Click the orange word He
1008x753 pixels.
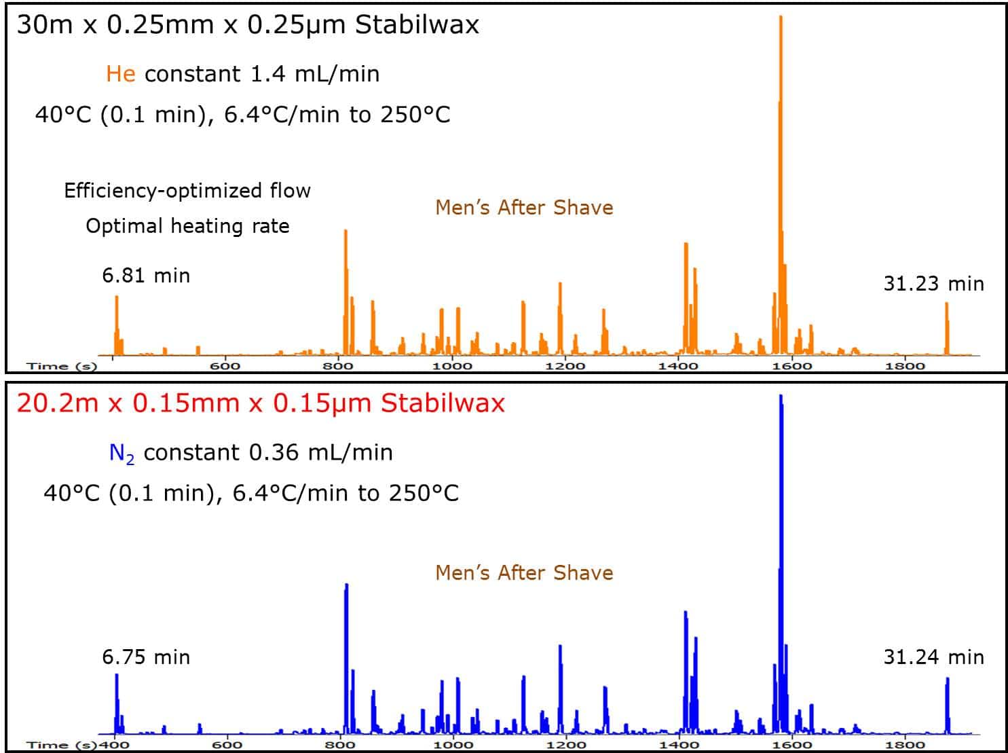[120, 74]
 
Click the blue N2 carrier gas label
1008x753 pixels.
[122, 453]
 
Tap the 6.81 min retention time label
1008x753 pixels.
[146, 276]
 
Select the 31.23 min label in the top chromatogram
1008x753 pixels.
[933, 284]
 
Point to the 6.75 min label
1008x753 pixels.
[146, 657]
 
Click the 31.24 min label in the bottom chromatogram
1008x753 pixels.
[933, 657]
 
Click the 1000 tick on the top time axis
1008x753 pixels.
[452, 367]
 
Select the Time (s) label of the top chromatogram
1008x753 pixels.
[62, 367]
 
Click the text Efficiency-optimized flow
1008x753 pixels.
[187, 191]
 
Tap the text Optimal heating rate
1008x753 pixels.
[187, 226]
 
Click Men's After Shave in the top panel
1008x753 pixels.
[524, 208]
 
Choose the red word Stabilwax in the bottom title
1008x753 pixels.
[443, 403]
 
